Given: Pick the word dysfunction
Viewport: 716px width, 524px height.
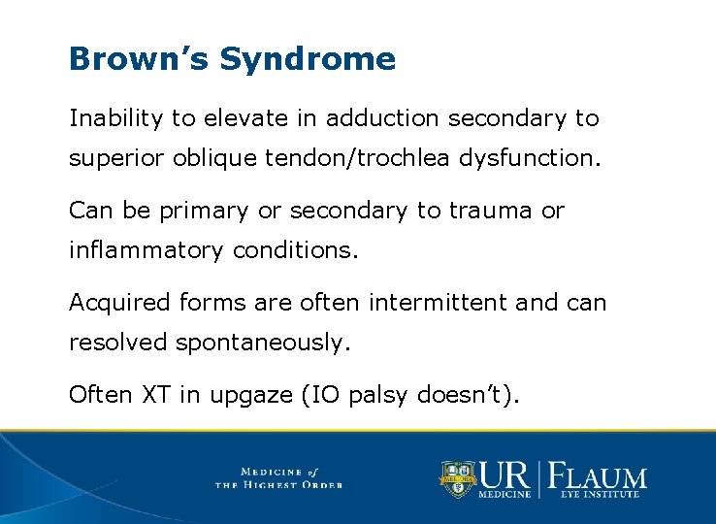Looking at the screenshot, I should [x=544, y=158].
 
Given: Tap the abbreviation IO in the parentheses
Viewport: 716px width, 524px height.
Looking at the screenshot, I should [x=317, y=395].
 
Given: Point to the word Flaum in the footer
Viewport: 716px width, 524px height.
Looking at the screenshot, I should [x=600, y=476].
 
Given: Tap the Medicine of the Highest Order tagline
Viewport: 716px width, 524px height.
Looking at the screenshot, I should [x=278, y=477].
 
